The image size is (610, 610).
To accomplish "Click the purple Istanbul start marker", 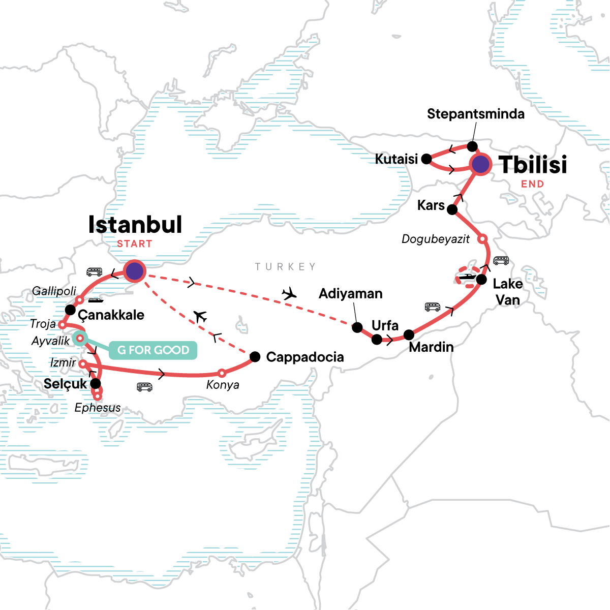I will point(134,271).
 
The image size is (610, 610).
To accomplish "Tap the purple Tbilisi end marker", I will point(480,164).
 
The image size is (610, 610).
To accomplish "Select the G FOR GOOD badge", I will point(153,350).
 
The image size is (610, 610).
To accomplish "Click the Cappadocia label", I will point(305,357).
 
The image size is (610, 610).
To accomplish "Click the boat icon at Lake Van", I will point(467,278).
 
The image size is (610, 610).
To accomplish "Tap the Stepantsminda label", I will point(475,114).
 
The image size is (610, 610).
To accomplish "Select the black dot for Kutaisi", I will point(427,159).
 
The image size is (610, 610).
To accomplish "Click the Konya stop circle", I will point(222,373).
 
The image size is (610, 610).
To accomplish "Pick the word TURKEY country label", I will point(285,267).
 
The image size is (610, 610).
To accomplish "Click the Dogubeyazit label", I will point(436,239).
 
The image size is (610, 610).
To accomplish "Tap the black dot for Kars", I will point(452,209).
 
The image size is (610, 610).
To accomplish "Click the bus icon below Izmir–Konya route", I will point(145,387).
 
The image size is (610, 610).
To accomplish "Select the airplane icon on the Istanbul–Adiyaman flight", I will point(289,293).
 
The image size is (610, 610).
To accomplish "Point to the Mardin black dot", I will point(409,335).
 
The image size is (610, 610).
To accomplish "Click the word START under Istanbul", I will point(135,244).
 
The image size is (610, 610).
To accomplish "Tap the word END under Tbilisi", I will point(532,184).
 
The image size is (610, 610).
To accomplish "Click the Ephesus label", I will point(98,408).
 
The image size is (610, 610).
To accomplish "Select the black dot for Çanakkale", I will point(71,310).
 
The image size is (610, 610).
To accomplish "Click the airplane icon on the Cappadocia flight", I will point(200,316).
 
